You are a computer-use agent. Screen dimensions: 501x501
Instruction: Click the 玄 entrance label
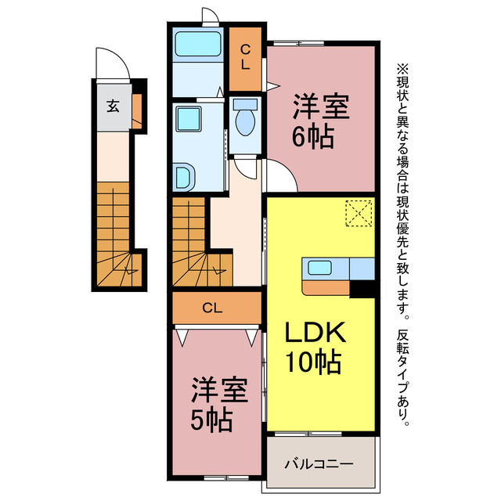click(112, 106)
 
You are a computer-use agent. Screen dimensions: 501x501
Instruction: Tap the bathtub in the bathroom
click(197, 45)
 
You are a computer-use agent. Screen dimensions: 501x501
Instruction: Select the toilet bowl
click(244, 121)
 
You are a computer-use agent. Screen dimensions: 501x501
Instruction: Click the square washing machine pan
click(189, 119)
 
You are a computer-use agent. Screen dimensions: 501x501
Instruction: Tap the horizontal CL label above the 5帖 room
click(212, 308)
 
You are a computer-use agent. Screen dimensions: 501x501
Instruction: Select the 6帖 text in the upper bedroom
click(315, 137)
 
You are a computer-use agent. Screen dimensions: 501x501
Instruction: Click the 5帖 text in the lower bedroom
click(211, 421)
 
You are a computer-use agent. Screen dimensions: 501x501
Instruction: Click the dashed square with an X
click(359, 212)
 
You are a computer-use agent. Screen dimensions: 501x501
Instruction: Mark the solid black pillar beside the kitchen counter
click(362, 289)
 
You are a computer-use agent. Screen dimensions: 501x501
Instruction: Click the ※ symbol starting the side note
click(402, 69)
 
